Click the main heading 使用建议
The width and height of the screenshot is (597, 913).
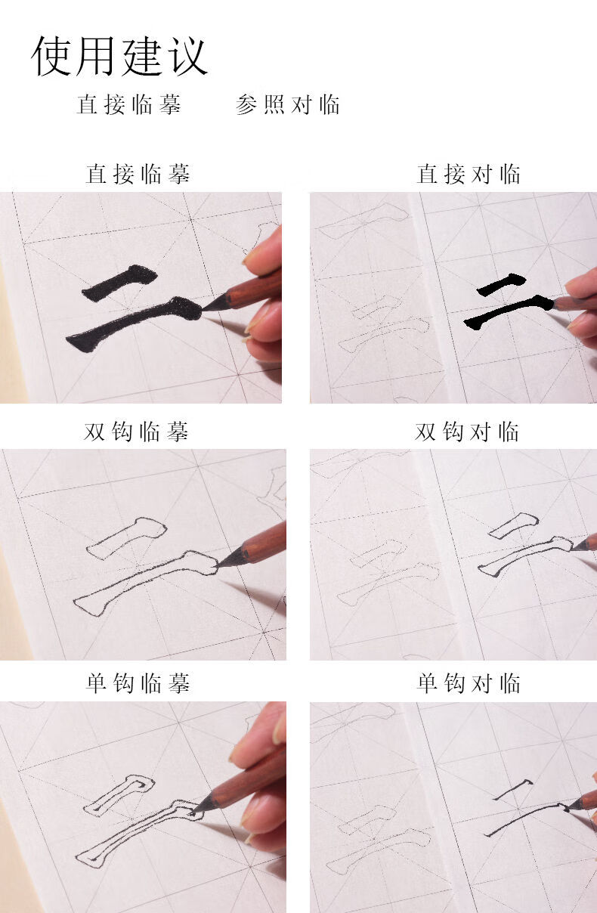(x=119, y=55)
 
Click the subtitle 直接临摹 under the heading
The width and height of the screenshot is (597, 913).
(x=129, y=104)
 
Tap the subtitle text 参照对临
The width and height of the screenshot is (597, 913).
(x=288, y=104)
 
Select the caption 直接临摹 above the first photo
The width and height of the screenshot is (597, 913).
(x=138, y=175)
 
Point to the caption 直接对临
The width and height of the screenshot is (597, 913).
(x=469, y=175)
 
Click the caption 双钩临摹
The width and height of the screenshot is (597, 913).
(x=136, y=432)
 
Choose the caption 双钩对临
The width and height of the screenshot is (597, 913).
(x=467, y=432)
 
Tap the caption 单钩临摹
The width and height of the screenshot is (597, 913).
(x=138, y=684)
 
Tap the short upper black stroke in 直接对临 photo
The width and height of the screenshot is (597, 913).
(x=501, y=284)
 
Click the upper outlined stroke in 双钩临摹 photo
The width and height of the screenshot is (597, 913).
(x=126, y=537)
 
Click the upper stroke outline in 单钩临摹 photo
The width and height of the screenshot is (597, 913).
(x=119, y=795)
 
